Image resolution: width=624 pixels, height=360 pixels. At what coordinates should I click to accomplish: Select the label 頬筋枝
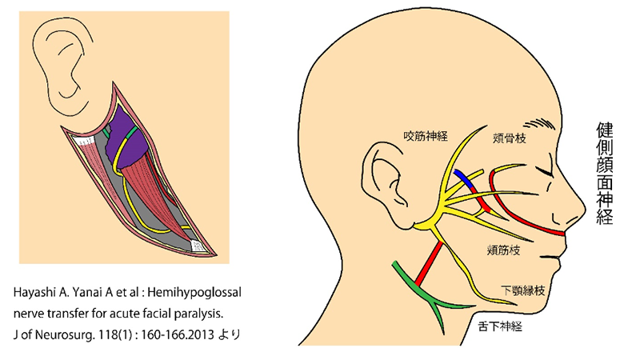pos(503,250)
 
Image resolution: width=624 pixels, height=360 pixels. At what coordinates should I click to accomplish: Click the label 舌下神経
pos(502,326)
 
